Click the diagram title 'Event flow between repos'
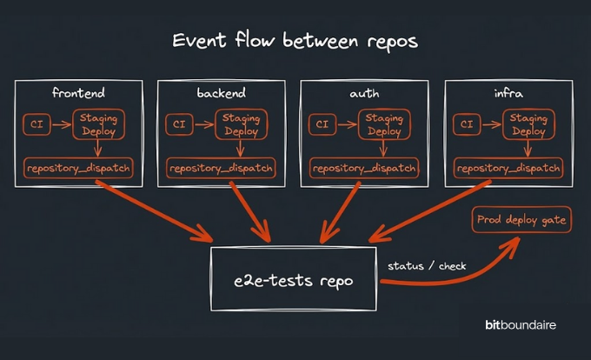295,41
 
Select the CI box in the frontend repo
37,124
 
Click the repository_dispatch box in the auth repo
362,168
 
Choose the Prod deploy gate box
521,220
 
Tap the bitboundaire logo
521,325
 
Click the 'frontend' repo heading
78,91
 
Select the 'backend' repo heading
222,91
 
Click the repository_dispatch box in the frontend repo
78,168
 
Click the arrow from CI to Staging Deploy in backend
203,124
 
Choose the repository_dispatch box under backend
221,168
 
